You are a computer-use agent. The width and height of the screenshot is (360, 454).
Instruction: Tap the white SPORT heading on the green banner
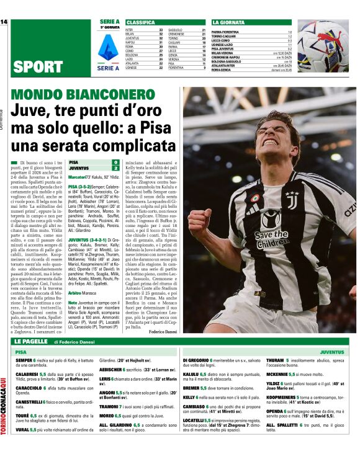click(x=38, y=66)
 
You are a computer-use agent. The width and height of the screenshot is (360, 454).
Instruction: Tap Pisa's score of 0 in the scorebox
click(x=115, y=162)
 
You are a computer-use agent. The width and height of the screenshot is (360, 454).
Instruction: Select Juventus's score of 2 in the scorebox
click(x=115, y=168)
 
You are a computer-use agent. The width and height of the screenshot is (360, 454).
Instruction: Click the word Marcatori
click(x=78, y=177)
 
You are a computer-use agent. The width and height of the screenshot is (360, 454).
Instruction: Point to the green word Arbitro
click(x=76, y=292)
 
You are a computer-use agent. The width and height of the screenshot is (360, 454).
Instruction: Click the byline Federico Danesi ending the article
click(x=163, y=332)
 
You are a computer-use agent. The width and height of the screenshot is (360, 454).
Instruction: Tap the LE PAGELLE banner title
click(x=30, y=342)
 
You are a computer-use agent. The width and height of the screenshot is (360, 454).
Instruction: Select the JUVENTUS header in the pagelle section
click(x=332, y=352)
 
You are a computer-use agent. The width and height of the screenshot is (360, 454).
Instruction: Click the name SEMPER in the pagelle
click(x=24, y=360)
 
